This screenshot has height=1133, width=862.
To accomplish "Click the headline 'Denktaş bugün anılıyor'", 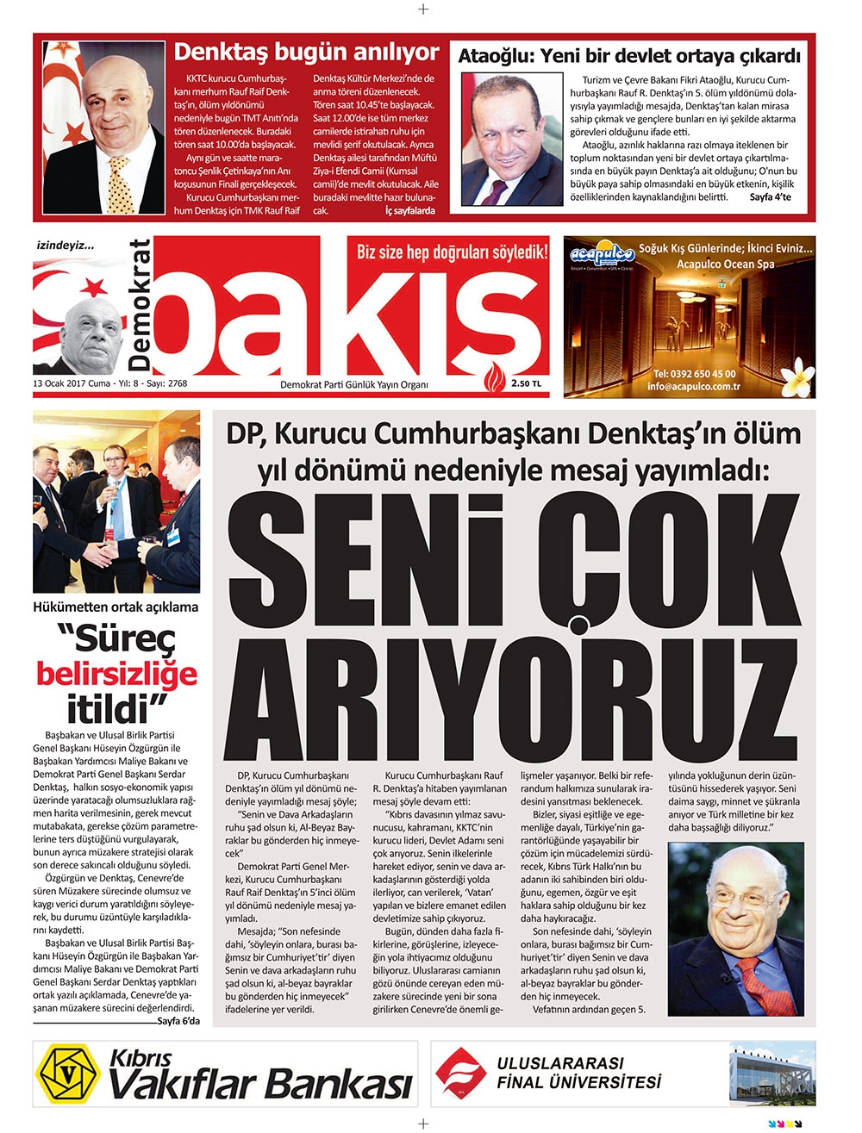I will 306,52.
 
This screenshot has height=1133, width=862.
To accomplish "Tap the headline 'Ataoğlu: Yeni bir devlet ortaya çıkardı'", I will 629,57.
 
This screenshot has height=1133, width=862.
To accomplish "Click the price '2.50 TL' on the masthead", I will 526,384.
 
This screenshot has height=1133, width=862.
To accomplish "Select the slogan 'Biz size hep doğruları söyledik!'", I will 452,252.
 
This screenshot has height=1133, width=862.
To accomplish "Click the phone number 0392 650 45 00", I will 695,374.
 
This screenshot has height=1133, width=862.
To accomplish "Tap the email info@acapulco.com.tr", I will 695,387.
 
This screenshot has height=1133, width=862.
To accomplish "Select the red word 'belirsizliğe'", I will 116,674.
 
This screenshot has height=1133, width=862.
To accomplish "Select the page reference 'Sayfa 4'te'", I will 771,198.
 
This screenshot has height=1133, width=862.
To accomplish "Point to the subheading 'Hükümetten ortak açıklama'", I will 116,607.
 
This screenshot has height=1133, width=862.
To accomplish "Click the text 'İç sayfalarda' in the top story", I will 409,210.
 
